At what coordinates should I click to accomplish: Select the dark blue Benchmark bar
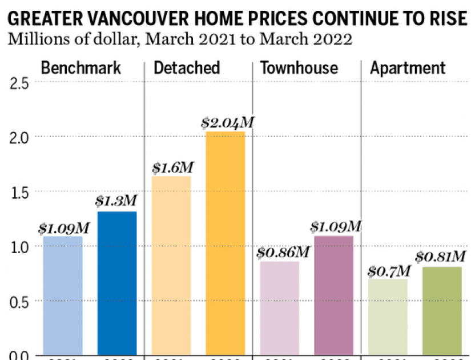point(117,284)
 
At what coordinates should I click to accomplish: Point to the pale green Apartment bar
point(388,319)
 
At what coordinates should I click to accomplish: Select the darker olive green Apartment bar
point(442,313)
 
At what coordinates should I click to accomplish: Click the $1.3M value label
point(116,201)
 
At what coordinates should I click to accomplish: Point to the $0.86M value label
point(282,252)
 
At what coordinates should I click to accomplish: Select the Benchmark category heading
point(81,68)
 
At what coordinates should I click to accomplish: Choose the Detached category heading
point(187,68)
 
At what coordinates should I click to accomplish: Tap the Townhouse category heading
point(299,68)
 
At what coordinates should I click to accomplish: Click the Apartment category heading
point(408,68)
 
